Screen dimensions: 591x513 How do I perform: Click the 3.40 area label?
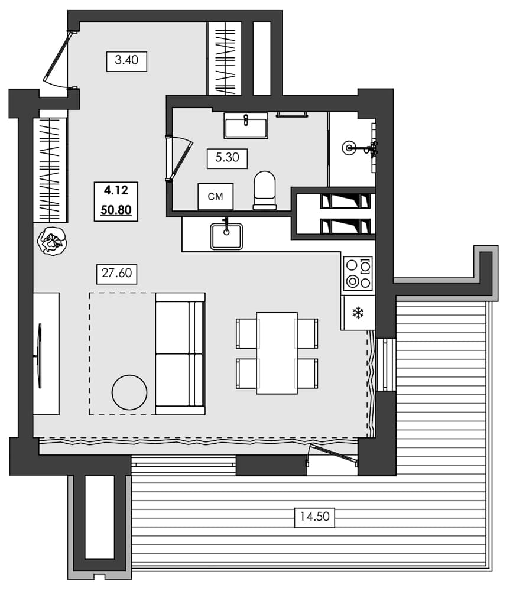pos(126,61)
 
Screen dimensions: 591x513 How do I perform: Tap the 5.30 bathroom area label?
pos(227,158)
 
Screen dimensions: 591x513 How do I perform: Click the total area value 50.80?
pos(116,209)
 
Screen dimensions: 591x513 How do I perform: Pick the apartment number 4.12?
pos(116,190)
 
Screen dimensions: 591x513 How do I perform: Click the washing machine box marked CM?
pos(216,196)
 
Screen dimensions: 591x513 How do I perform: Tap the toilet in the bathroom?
pos(265,190)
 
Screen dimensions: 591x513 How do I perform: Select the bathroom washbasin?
pos(246,125)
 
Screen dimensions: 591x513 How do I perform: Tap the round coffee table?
pos(129,392)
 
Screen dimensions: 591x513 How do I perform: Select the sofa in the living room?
pos(180,353)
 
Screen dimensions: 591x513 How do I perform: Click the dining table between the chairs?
pos(277,353)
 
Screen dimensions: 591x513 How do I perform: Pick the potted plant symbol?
pos(52,241)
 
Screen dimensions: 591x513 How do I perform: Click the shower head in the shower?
pos(350,147)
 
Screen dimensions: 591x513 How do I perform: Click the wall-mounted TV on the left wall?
pos(40,355)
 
